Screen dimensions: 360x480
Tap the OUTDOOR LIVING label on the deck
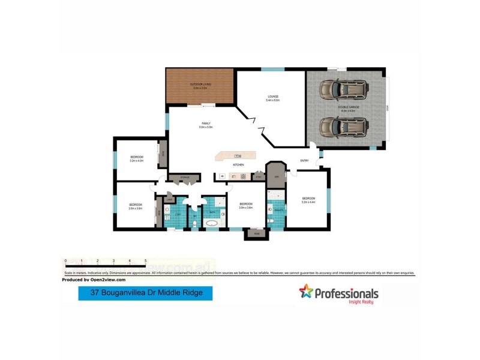coord(200,86)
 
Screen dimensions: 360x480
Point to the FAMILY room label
coord(205,125)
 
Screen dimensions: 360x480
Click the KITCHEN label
coord(238,164)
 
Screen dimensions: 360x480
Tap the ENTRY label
coord(305,160)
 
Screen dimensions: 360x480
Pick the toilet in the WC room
coord(195,224)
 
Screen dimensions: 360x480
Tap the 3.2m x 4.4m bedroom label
coord(308,200)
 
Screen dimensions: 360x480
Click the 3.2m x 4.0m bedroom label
coord(137,158)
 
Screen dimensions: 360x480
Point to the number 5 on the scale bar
coord(145,262)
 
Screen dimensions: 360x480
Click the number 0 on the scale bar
coord(65,262)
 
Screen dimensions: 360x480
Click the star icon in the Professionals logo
coord(306,292)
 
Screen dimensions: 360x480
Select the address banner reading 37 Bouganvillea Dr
coord(145,293)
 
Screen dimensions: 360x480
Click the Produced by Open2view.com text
coord(94,280)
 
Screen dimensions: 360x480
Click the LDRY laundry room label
coord(178,214)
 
